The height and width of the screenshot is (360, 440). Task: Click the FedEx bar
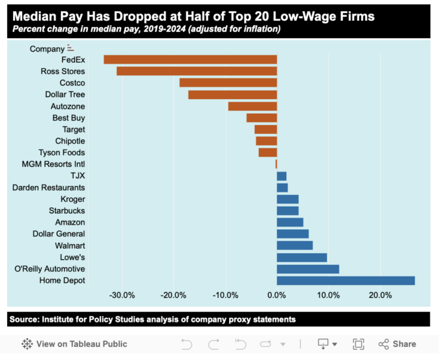pos(190,60)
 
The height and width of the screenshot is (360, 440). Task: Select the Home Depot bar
pos(346,280)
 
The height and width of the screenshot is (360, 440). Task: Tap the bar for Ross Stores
pos(197,71)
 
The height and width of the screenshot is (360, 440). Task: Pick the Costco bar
pos(228,83)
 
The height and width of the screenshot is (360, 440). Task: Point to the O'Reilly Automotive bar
pos(307,269)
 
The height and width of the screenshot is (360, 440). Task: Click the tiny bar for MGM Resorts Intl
pos(276,164)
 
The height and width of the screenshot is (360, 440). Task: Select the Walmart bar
pos(294,245)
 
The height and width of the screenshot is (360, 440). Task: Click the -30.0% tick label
pos(122,296)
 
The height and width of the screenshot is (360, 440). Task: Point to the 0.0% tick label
pos(276,296)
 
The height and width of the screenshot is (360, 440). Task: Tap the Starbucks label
pos(67,210)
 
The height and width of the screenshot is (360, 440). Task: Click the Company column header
pos(47,49)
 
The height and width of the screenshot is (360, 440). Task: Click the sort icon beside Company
pos(70,49)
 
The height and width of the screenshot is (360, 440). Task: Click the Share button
pos(397,344)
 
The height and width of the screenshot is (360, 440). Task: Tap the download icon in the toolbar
pos(324,344)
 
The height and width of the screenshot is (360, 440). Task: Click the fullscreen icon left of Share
pos(358,344)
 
